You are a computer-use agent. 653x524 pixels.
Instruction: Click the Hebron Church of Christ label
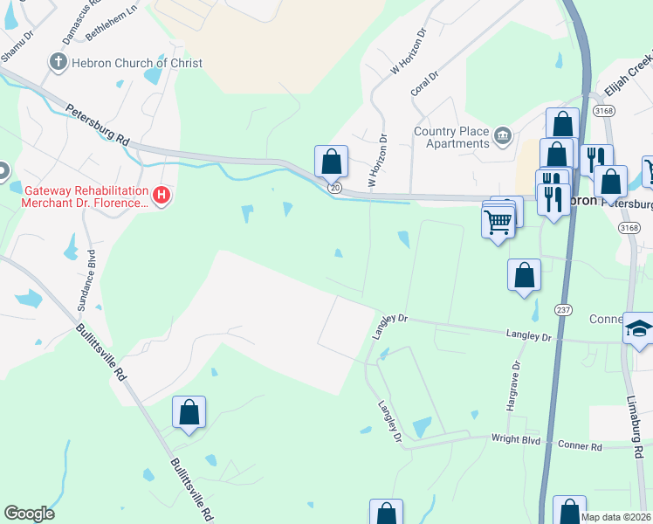(138, 63)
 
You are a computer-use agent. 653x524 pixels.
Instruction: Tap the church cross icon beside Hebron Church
(58, 62)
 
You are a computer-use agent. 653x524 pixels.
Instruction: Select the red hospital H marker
(161, 196)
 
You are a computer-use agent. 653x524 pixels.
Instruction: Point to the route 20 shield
(334, 188)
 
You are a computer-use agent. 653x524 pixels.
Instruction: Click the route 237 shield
(563, 309)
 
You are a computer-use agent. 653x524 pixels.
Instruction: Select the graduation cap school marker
(638, 329)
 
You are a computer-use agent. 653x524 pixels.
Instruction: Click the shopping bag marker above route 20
(332, 162)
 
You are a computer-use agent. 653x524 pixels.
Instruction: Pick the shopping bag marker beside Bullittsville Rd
(189, 412)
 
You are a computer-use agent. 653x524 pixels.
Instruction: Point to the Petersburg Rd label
(97, 125)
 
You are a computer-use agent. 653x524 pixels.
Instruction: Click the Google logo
(29, 514)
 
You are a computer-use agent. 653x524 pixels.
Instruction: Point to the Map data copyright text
(615, 517)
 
